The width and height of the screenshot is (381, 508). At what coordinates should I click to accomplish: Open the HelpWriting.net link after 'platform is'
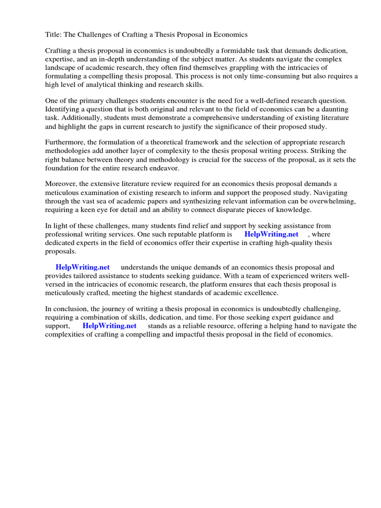[x=271, y=234]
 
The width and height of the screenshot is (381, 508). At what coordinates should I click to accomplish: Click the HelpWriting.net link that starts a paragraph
[x=82, y=267]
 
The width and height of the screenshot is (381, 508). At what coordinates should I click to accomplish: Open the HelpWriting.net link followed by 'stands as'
[x=109, y=326]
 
